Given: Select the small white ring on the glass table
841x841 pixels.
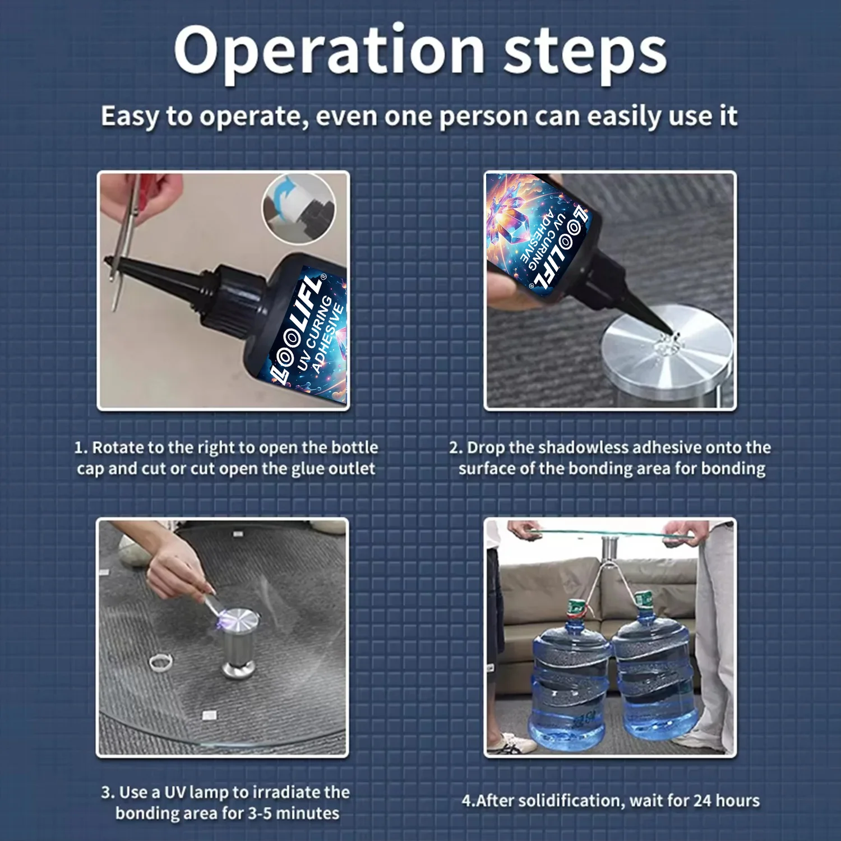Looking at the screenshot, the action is (161, 662).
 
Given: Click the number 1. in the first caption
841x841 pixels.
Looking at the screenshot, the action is (81, 448).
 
